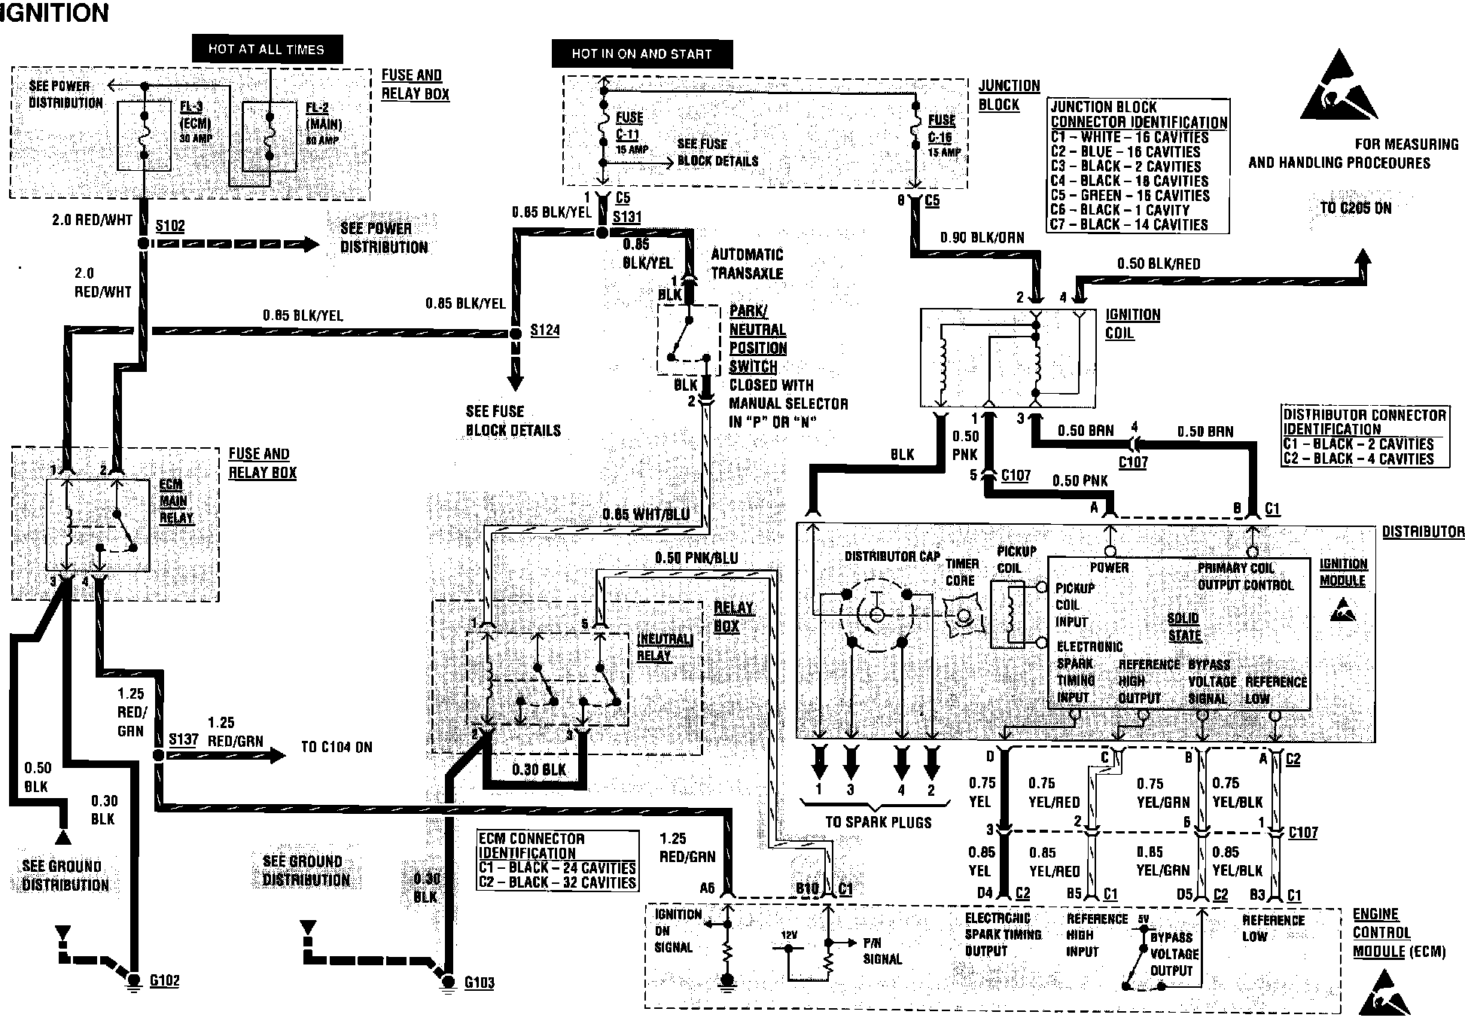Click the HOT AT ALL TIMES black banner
click(x=267, y=50)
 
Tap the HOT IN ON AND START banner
click(x=641, y=53)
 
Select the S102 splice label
click(x=170, y=226)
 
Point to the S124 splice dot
click(x=516, y=333)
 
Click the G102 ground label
click(x=164, y=980)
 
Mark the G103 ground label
click(x=479, y=983)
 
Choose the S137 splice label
click(x=183, y=739)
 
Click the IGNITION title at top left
click(x=54, y=13)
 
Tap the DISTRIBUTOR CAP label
click(x=892, y=556)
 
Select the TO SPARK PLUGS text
click(x=878, y=822)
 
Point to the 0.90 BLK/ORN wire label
click(x=982, y=238)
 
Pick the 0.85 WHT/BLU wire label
click(x=646, y=515)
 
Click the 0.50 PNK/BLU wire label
click(x=696, y=558)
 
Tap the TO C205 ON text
click(x=1356, y=209)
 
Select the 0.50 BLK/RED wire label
click(x=1159, y=264)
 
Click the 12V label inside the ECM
click(x=788, y=935)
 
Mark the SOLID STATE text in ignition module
click(x=1183, y=627)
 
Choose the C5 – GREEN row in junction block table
click(x=1129, y=196)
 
